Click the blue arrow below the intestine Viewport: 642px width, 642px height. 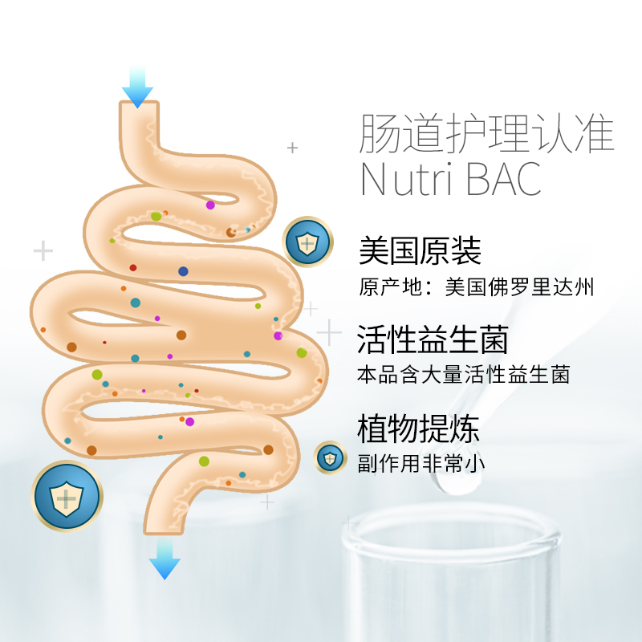164,559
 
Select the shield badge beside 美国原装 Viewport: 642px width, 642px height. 307,242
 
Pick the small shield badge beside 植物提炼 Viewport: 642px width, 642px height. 329,457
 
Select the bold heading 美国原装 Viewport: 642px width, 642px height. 420,251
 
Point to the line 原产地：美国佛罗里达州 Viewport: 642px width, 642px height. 477,287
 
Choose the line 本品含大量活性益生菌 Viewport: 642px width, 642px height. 464,375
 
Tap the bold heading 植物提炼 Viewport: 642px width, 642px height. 418,429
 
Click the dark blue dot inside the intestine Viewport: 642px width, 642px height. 183,271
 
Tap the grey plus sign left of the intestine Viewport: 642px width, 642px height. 43,251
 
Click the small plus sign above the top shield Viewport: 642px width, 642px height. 293,148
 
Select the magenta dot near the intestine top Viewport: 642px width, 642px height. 210,205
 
